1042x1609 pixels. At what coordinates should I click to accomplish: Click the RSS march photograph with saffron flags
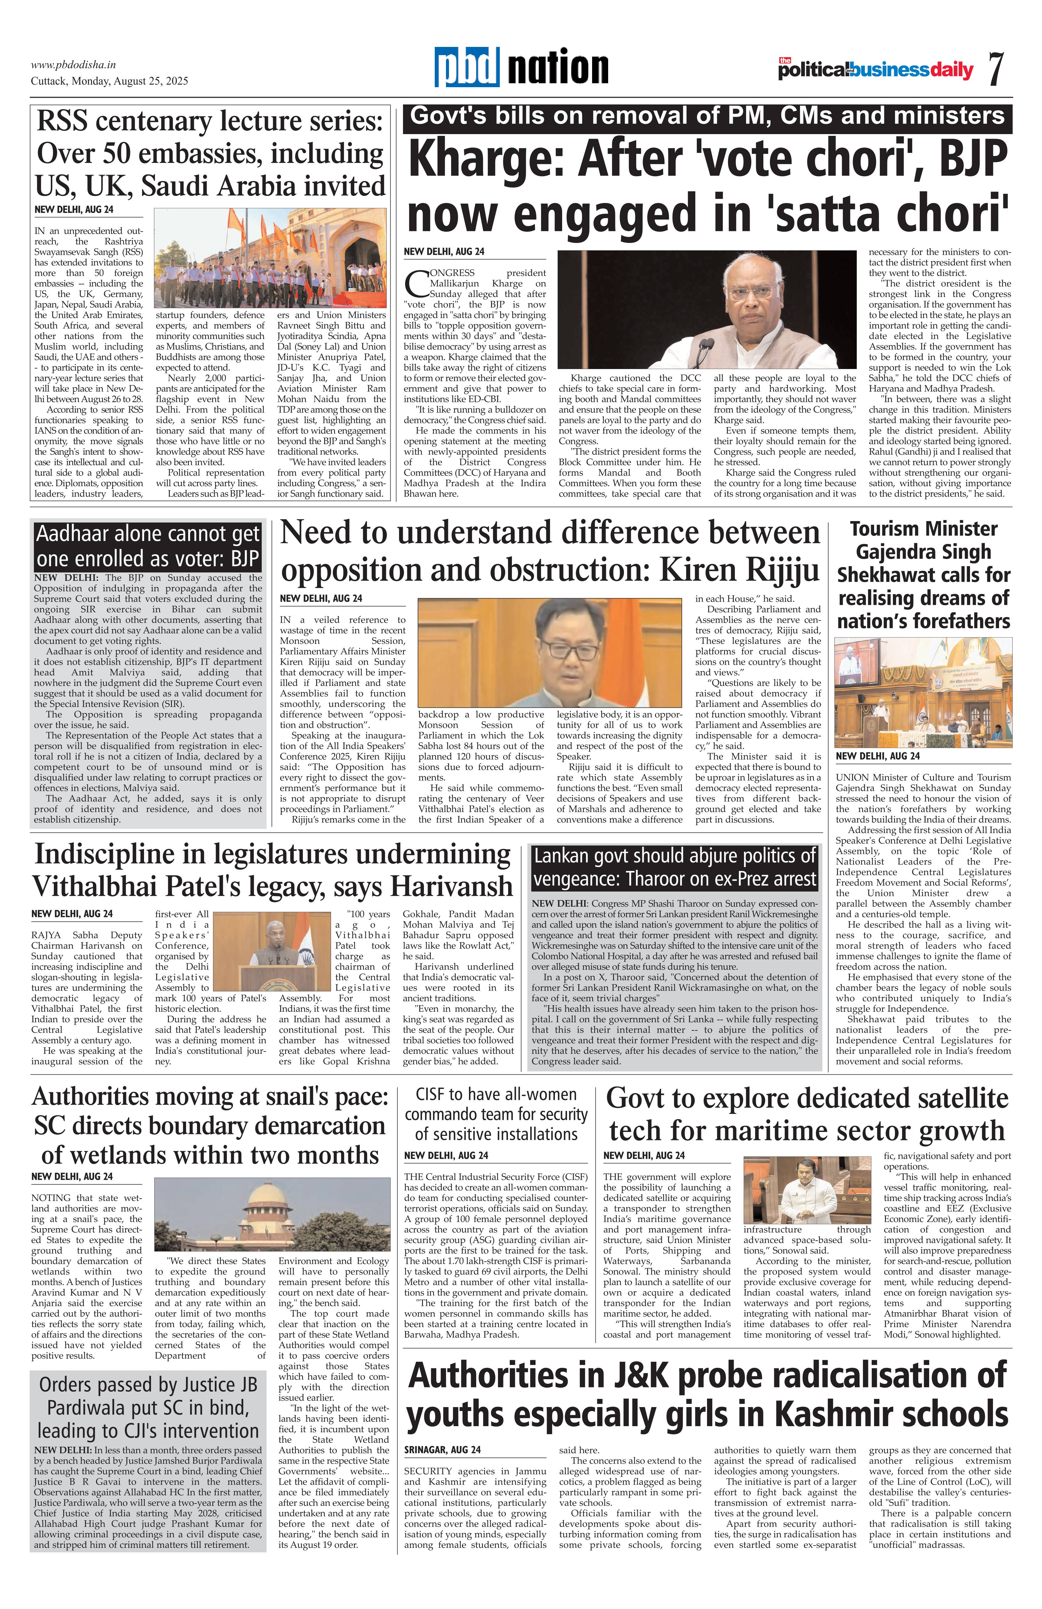point(270,258)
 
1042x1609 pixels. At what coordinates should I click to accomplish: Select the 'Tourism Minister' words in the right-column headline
point(923,529)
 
